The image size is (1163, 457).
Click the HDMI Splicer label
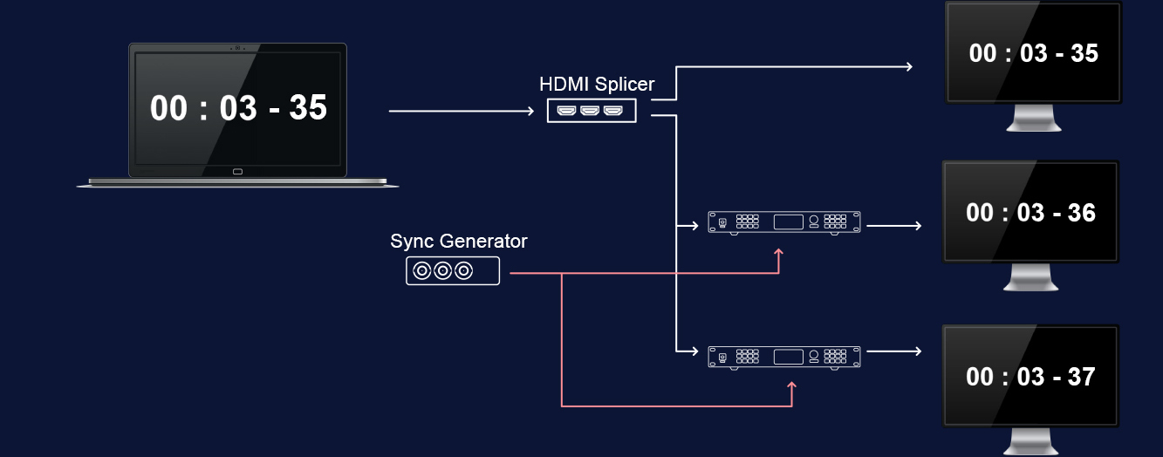click(x=597, y=85)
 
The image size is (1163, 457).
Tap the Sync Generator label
click(x=459, y=241)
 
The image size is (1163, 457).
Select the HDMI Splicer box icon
click(x=592, y=110)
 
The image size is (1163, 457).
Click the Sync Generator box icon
click(x=453, y=271)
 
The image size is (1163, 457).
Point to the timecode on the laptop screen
click(x=238, y=108)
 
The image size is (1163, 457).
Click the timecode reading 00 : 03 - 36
click(x=1030, y=213)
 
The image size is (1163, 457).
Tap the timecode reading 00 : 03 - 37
click(x=1030, y=377)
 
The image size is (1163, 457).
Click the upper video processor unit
click(x=783, y=222)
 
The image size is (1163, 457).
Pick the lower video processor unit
click(x=783, y=356)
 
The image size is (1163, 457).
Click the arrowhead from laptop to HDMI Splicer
click(x=528, y=112)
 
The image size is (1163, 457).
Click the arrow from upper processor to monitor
click(x=893, y=225)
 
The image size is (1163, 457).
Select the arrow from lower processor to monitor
click(x=893, y=351)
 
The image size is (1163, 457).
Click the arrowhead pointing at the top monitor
click(x=908, y=66)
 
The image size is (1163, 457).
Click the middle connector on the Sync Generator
click(x=443, y=271)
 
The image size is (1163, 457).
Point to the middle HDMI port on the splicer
click(x=591, y=111)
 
